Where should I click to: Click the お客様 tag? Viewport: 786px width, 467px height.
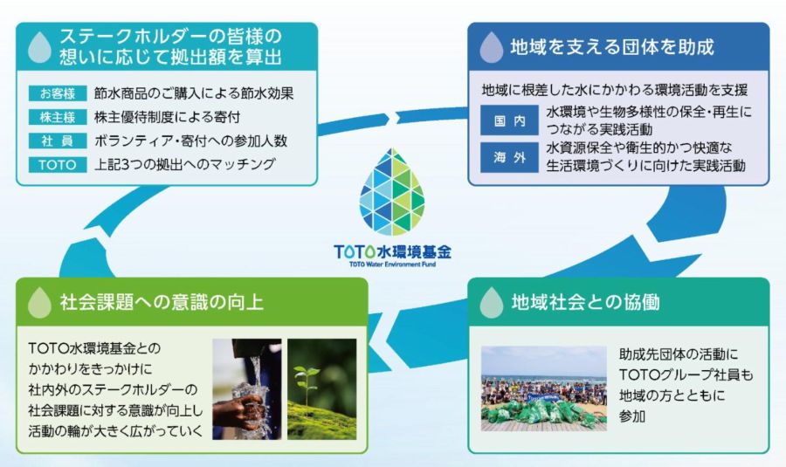58,93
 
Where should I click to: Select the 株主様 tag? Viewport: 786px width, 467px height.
58,117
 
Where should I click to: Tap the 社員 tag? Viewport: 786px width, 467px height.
58,141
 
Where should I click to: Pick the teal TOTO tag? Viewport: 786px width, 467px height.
58,165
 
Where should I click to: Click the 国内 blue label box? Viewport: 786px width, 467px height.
509,120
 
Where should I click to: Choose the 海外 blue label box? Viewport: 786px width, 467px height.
509,157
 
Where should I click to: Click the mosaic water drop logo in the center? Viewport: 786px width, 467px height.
392,192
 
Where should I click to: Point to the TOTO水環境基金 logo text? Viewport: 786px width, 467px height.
392,251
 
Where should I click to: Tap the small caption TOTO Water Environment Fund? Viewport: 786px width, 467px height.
392,264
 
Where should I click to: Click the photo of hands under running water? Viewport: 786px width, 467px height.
246,388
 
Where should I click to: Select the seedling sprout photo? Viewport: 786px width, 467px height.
321,388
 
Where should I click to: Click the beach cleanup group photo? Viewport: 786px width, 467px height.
544,388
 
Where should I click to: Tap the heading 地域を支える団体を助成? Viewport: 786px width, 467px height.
612,47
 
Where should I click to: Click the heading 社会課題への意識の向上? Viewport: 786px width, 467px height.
162,302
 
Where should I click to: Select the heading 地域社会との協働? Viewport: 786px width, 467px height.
585,302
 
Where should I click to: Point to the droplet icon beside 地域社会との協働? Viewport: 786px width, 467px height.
491,302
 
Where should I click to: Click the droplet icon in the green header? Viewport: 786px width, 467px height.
39,302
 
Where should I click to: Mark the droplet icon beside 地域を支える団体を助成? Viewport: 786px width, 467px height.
491,47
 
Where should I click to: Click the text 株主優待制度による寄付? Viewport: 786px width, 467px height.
167,117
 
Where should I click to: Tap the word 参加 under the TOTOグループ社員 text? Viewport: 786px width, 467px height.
632,415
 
